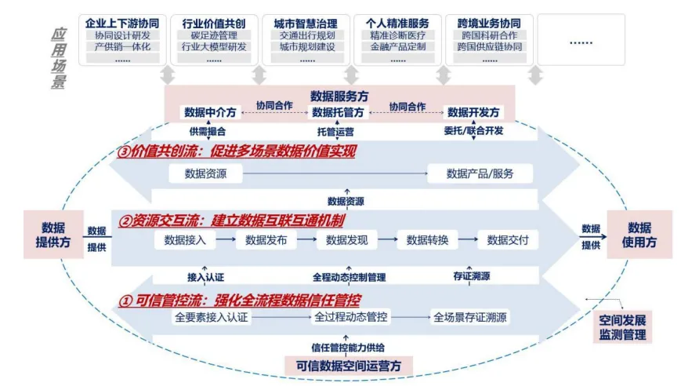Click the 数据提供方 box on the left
[x=53, y=235]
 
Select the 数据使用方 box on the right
[x=639, y=235]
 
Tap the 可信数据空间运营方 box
[x=348, y=365]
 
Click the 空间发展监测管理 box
[x=623, y=328]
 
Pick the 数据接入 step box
[x=185, y=240]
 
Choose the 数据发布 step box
[x=266, y=240]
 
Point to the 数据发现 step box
[x=346, y=240]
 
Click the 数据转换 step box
[x=427, y=240]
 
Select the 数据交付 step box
[x=508, y=240]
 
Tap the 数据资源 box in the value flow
[x=205, y=173]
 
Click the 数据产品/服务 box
[x=480, y=173]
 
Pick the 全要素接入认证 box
[x=211, y=318]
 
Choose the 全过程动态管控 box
[x=350, y=318]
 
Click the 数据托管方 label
[x=339, y=112]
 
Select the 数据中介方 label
[x=209, y=112]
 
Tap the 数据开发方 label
[x=473, y=112]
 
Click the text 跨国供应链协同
[x=489, y=46]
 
